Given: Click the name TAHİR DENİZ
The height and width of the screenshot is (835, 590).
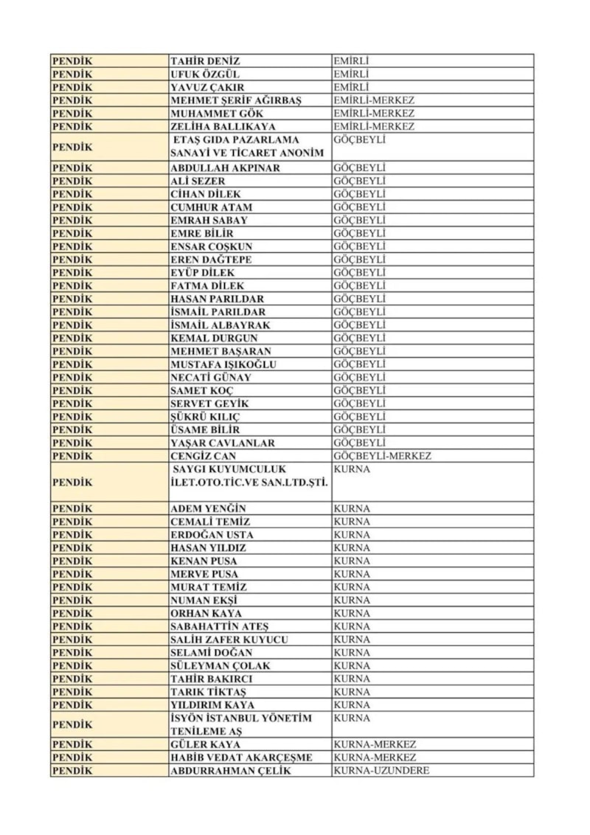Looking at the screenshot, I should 205,61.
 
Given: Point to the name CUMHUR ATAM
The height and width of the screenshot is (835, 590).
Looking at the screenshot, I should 211,207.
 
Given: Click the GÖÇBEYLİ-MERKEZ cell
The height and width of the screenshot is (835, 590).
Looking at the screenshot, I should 382,456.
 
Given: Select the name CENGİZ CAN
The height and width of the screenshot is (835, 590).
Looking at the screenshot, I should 204,456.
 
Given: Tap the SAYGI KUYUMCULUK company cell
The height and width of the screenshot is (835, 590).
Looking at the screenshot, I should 249,476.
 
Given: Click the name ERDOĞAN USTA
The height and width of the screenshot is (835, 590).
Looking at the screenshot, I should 211,535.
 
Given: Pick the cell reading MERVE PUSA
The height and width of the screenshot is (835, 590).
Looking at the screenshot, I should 204,574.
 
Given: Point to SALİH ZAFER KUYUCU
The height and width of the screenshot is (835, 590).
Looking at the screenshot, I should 229,640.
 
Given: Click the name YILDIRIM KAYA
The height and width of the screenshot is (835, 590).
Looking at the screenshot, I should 212,705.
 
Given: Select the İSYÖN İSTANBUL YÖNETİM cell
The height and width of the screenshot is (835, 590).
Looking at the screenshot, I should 240,724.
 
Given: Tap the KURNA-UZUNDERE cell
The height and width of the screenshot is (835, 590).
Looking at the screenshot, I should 381,771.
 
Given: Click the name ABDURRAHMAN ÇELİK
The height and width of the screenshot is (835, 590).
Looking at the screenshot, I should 230,771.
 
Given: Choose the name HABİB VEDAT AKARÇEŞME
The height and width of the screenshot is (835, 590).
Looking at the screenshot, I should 241,758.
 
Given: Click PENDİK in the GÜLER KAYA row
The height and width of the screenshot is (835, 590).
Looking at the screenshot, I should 73,744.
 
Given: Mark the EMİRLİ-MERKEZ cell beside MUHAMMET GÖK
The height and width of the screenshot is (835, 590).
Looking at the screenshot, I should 374,114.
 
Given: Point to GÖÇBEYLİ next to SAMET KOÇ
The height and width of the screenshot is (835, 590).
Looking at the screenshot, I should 359,390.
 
